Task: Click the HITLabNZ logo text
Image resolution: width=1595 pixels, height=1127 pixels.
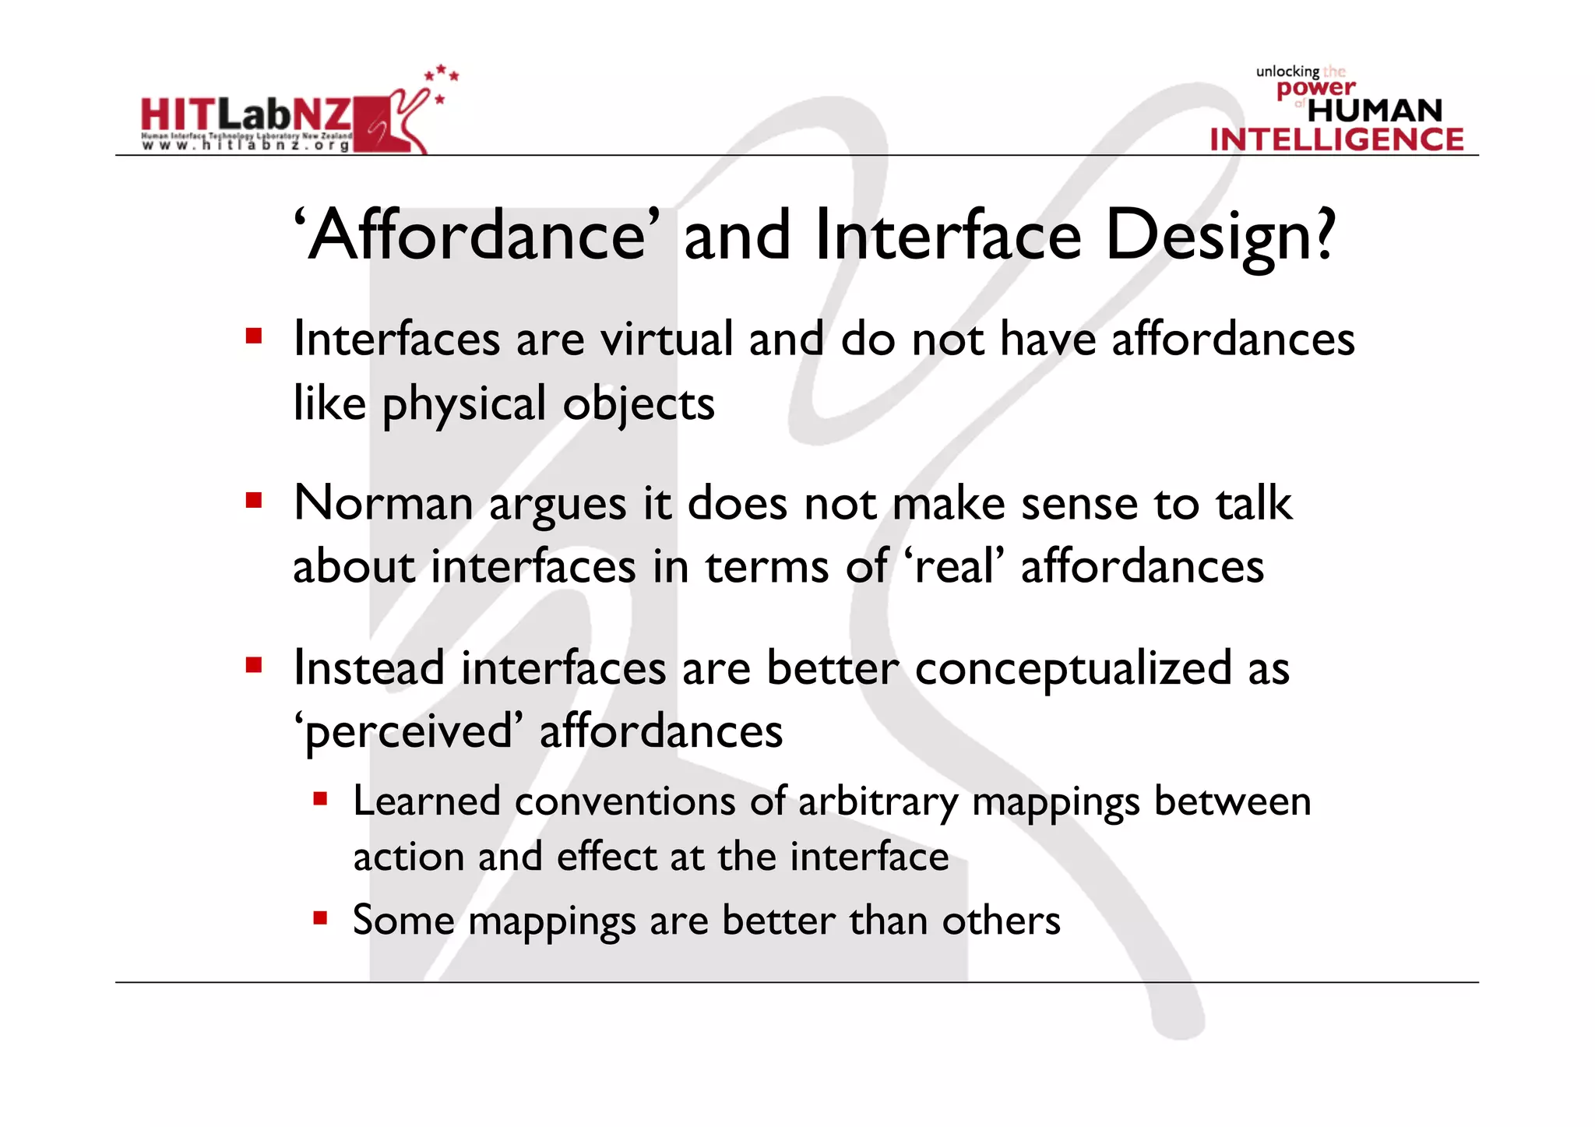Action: tap(246, 115)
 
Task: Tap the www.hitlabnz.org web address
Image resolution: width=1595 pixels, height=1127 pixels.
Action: tap(245, 145)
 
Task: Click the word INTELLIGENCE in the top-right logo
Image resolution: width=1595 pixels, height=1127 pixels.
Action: tap(1336, 139)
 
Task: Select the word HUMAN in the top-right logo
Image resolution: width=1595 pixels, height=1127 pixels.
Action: tap(1375, 111)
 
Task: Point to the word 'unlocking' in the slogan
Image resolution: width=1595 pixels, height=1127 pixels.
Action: tap(1287, 72)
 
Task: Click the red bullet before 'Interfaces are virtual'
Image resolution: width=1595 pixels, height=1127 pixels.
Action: tap(253, 336)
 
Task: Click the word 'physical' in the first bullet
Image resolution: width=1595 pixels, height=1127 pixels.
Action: tap(464, 405)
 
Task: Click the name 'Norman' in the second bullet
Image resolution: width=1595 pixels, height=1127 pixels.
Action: tap(383, 503)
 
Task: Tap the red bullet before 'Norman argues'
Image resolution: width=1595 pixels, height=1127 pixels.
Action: tap(253, 499)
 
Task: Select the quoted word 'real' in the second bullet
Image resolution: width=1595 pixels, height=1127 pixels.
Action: tap(954, 566)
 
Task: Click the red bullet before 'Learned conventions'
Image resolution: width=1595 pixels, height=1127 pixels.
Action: tap(320, 798)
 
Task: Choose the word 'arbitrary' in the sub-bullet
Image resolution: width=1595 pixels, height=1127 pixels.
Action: tap(878, 802)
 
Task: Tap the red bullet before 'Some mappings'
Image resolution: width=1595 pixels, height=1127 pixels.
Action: tap(320, 917)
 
